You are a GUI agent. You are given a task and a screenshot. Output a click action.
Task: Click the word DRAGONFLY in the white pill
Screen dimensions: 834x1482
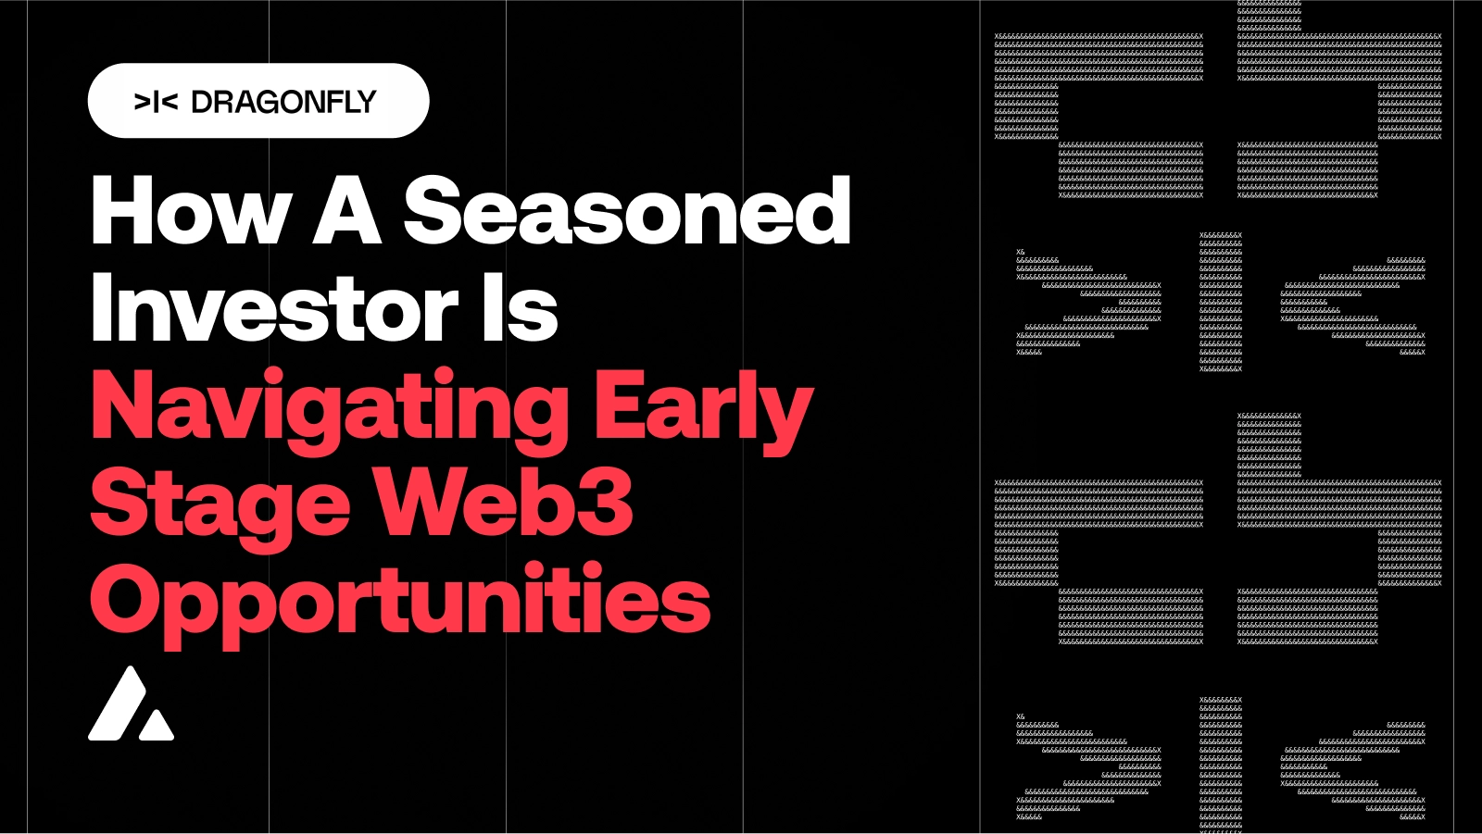click(x=283, y=102)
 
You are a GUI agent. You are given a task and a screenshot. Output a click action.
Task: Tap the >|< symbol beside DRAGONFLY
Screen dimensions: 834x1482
click(x=156, y=102)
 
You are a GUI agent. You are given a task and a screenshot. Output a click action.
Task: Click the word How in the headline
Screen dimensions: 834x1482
click(x=191, y=212)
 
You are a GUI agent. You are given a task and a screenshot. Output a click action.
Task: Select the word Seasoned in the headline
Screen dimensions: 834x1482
click(x=627, y=212)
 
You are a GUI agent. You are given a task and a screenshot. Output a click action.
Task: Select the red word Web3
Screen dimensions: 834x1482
click(x=504, y=504)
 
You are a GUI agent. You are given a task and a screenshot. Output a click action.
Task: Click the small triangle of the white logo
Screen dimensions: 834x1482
click(x=156, y=726)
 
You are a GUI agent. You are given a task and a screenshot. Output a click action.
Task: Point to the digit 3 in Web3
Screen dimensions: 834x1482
click(x=607, y=504)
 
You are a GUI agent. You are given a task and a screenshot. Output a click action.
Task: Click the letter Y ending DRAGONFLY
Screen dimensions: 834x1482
click(x=366, y=102)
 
